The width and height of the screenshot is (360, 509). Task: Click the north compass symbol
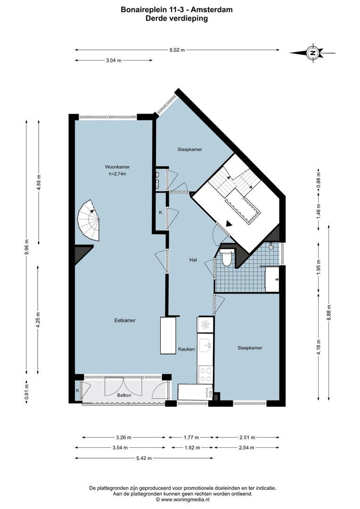[312, 53]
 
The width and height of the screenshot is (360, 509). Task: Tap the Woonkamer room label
[117, 167]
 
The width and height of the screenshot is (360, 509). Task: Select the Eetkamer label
[125, 320]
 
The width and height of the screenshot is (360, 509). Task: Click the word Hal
[193, 260]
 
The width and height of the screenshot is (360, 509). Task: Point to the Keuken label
[187, 349]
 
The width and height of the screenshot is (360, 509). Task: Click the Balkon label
[124, 396]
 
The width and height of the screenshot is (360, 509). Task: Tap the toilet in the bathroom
[227, 258]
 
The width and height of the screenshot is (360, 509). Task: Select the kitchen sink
[205, 345]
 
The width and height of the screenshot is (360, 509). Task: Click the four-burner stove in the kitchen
[206, 374]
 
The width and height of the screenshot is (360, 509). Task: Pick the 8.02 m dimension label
[177, 49]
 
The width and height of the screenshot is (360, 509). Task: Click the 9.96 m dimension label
[26, 245]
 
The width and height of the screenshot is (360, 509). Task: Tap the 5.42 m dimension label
[140, 458]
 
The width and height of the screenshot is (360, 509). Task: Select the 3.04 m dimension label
[113, 60]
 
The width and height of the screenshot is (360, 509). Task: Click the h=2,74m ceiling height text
[117, 174]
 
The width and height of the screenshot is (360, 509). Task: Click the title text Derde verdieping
[177, 19]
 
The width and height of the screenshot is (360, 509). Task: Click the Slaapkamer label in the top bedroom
[190, 149]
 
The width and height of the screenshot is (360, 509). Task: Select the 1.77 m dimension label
[190, 437]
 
